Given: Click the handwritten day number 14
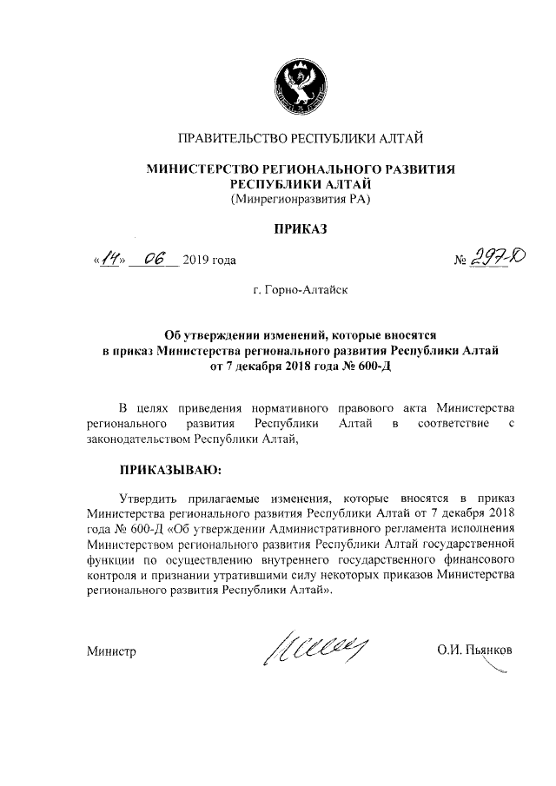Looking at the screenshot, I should (x=109, y=258).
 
